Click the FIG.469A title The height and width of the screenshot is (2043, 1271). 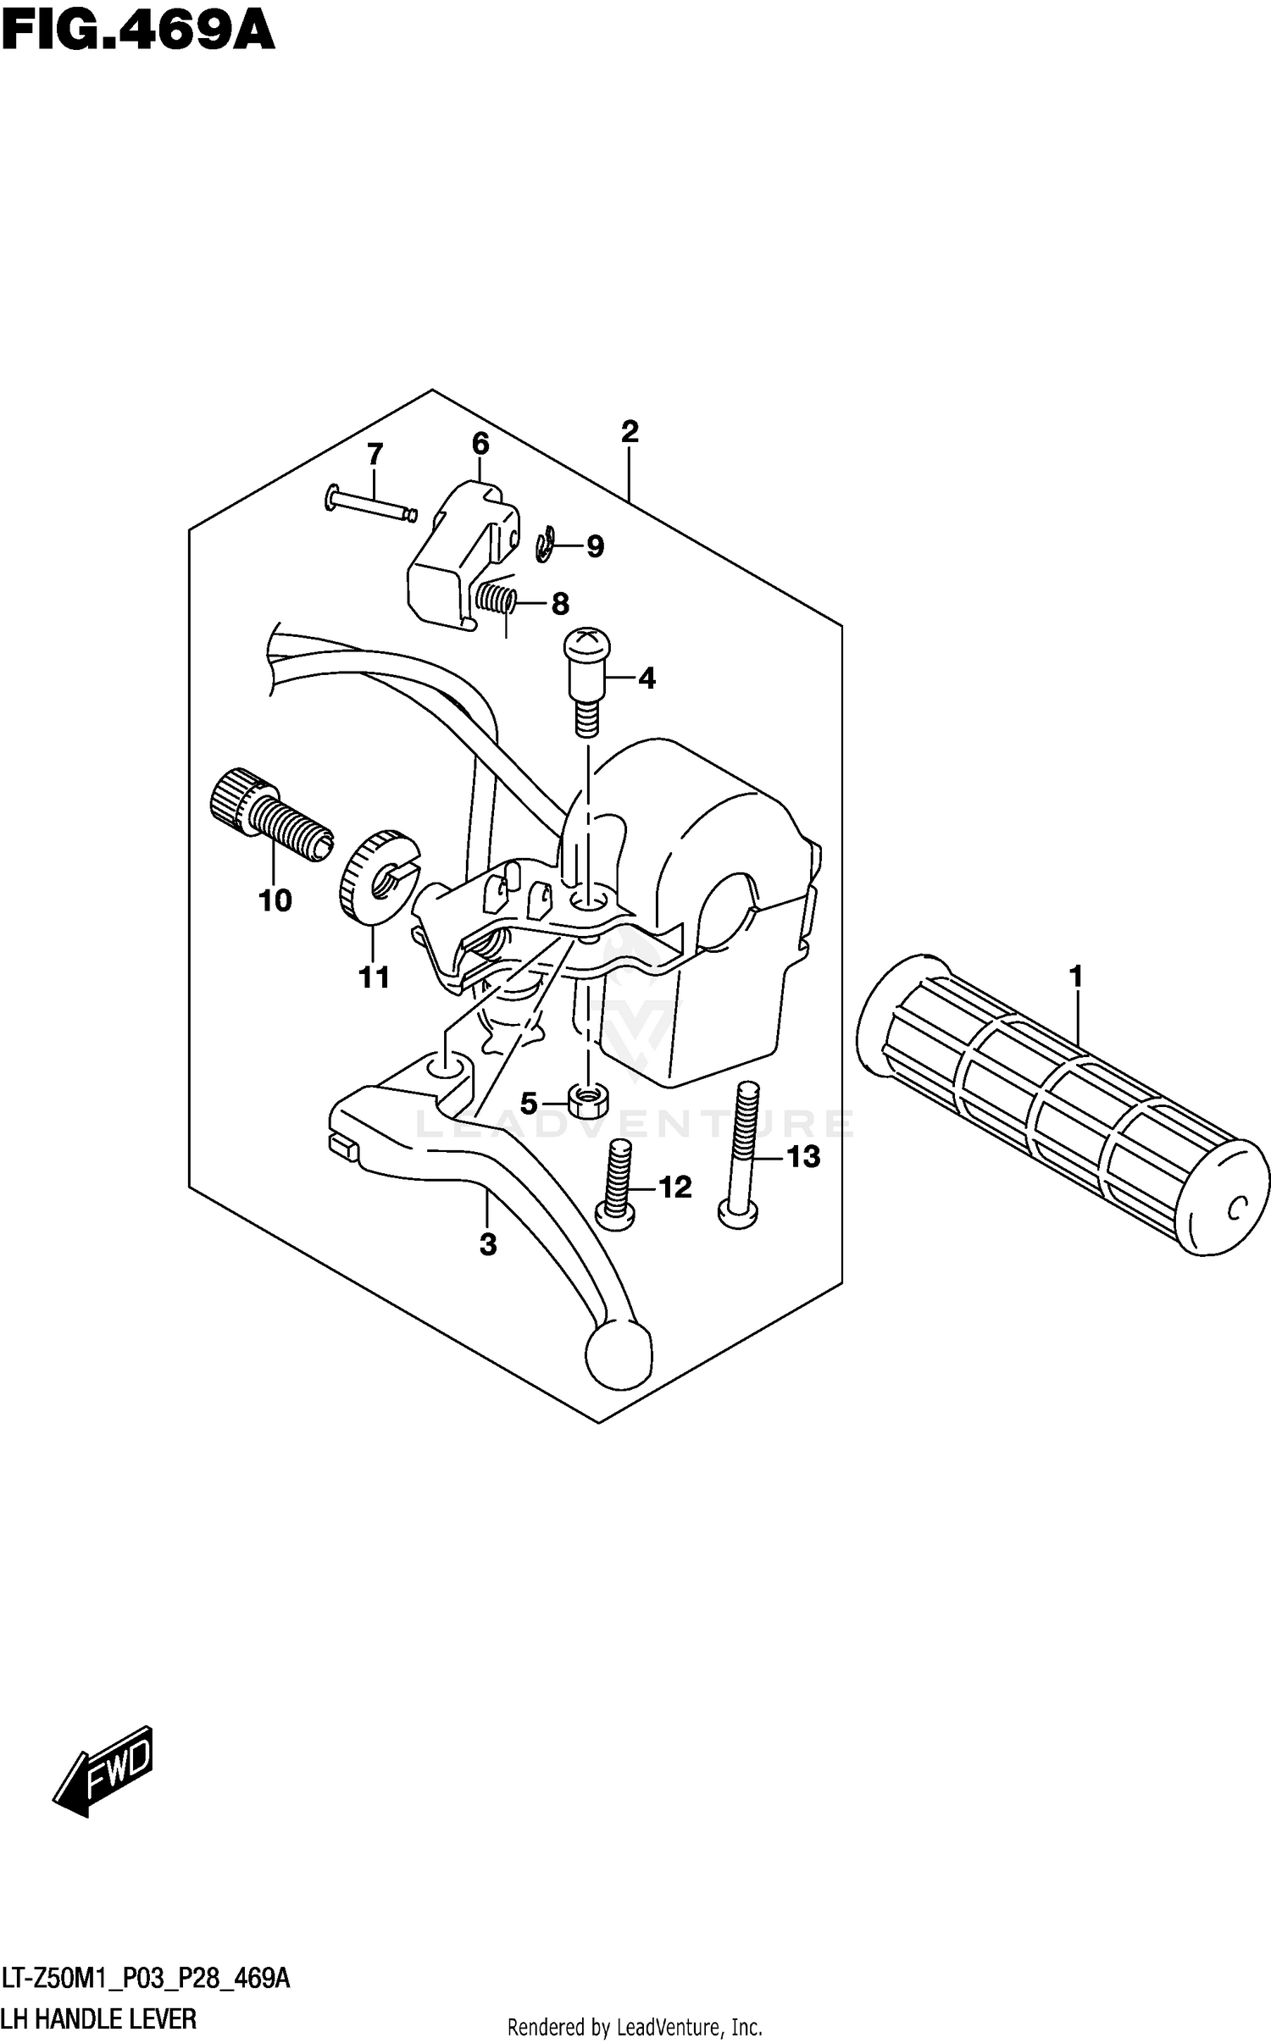pos(138,34)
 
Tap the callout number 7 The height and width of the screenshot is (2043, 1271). pos(375,454)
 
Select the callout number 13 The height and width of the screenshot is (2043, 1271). pos(802,1156)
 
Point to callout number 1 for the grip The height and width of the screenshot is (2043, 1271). pos(1076,977)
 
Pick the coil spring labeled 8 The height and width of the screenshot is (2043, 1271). pos(495,599)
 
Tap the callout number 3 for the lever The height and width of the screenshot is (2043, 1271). pos(487,1245)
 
